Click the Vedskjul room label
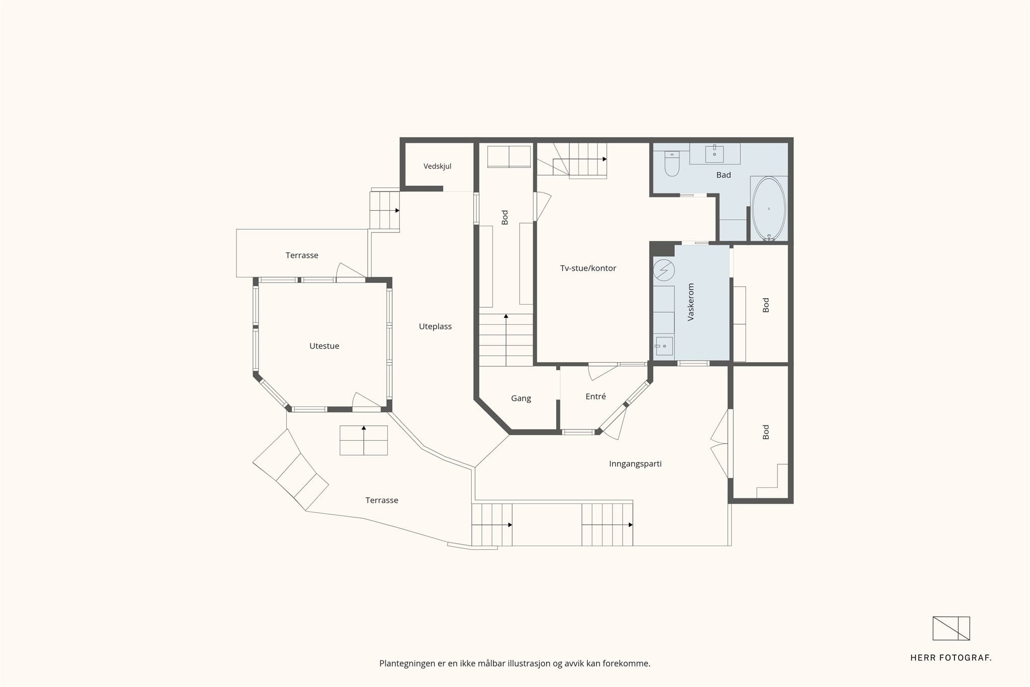(x=437, y=166)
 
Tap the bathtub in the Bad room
(x=768, y=209)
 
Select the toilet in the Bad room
(x=672, y=163)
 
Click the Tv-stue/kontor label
(x=588, y=269)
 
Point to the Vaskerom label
(x=691, y=302)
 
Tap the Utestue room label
(x=324, y=346)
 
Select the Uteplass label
(x=435, y=327)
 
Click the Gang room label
(x=521, y=398)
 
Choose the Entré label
(x=595, y=396)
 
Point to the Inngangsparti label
(x=635, y=464)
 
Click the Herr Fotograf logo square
(x=951, y=628)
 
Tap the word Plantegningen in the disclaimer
(x=407, y=664)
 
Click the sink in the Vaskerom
(x=664, y=346)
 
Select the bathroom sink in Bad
(x=714, y=154)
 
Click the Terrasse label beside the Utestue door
(x=302, y=255)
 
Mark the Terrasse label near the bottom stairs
(x=382, y=500)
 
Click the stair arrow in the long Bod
(x=506, y=339)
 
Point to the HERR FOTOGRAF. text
(x=951, y=658)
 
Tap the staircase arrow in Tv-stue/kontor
(x=580, y=159)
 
